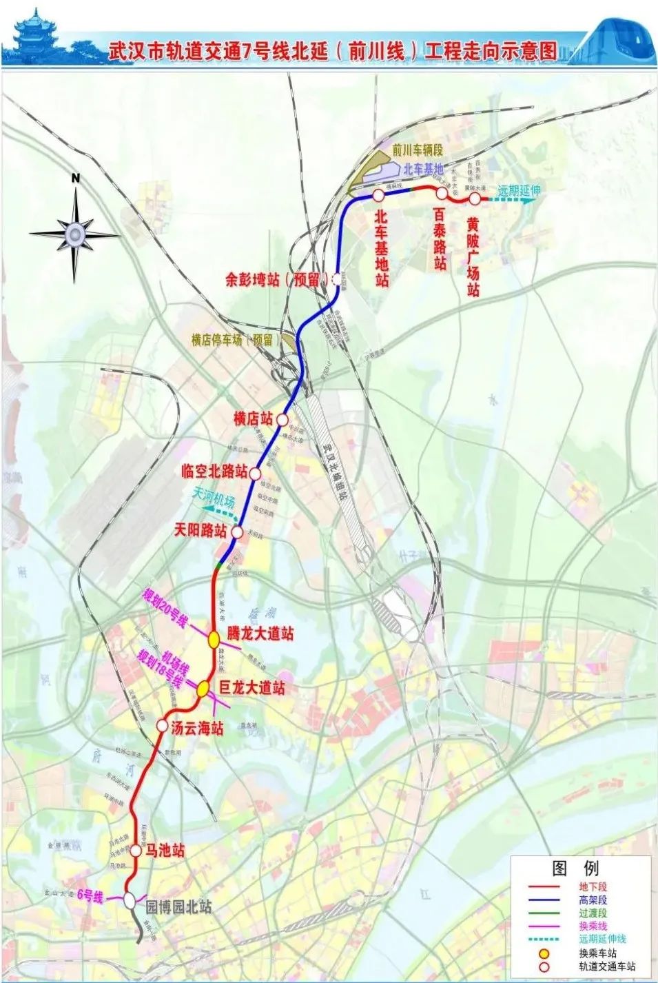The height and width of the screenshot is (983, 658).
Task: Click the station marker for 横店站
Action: (x=282, y=418)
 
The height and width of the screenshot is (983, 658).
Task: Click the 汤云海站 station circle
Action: (x=162, y=726)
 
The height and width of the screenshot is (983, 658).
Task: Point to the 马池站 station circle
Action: (x=136, y=851)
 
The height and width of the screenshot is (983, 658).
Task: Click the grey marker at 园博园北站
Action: (x=130, y=900)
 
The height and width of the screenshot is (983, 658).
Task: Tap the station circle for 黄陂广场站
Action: (x=475, y=199)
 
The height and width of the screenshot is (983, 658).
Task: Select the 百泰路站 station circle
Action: (x=442, y=193)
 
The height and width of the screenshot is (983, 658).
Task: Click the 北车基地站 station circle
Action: (x=378, y=195)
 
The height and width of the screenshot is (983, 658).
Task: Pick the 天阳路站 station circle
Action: (x=237, y=531)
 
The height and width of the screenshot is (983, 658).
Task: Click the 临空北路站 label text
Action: (x=214, y=472)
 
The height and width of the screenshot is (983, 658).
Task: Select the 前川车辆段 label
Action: (x=417, y=150)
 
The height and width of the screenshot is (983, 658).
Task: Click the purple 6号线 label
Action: (x=90, y=896)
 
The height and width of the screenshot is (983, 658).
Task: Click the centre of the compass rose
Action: (x=74, y=233)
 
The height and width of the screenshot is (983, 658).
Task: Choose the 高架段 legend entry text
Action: (x=593, y=900)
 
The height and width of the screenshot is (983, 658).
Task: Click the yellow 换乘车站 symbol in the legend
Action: (x=544, y=954)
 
